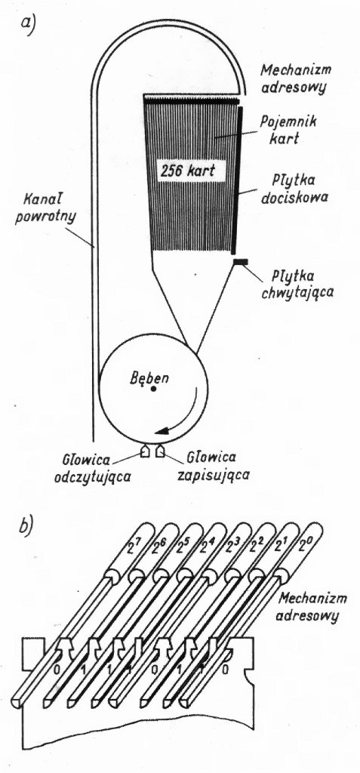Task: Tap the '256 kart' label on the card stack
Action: tap(187, 171)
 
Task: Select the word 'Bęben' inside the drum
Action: tap(143, 379)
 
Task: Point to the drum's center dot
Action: tap(154, 389)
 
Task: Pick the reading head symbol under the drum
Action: tap(145, 451)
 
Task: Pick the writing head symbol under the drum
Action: tap(159, 451)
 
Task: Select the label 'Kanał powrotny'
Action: tap(45, 208)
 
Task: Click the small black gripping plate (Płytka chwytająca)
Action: tap(241, 261)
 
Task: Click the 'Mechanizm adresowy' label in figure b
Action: tap(312, 607)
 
